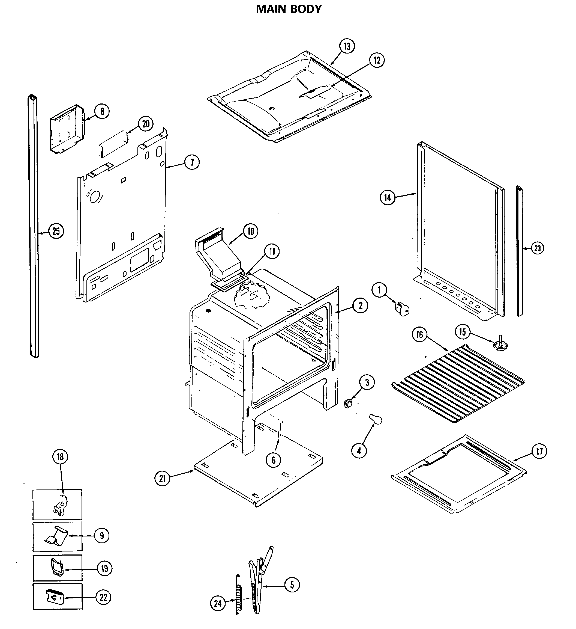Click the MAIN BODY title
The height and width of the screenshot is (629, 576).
pyautogui.click(x=289, y=9)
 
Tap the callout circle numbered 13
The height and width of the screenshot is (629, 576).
pyautogui.click(x=347, y=46)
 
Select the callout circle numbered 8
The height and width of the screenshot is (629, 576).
pyautogui.click(x=102, y=111)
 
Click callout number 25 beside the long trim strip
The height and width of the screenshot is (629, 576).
pyautogui.click(x=56, y=231)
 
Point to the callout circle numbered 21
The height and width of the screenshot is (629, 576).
pyautogui.click(x=162, y=478)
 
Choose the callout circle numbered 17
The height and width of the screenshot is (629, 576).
pyautogui.click(x=539, y=452)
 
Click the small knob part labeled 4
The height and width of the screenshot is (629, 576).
pyautogui.click(x=376, y=419)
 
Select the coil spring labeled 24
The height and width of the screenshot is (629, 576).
pyautogui.click(x=239, y=599)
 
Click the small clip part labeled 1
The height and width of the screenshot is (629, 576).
pyautogui.click(x=402, y=308)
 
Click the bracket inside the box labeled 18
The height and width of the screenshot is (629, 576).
pyautogui.click(x=61, y=505)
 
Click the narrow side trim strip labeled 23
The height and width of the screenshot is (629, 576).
pyautogui.click(x=519, y=251)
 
